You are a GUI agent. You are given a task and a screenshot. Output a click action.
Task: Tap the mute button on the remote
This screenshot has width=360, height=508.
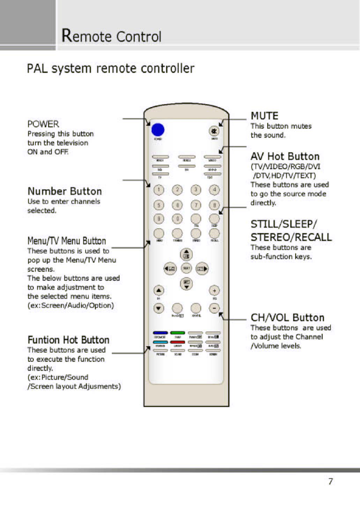213,131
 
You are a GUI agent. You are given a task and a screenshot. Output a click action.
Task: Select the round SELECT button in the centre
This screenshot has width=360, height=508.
186,269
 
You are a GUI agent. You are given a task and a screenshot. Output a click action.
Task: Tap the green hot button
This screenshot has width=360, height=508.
177,333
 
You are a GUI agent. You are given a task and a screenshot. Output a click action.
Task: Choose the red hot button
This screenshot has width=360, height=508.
177,342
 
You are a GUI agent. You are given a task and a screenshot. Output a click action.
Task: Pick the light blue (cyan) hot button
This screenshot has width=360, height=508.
160,342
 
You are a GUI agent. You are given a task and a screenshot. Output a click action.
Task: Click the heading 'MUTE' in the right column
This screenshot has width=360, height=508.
264,116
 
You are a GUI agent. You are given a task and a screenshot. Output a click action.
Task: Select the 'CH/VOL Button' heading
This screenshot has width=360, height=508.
287,318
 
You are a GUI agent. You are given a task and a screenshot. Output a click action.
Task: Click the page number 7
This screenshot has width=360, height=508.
330,481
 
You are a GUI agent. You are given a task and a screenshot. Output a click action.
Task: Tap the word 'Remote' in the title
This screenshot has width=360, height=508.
87,36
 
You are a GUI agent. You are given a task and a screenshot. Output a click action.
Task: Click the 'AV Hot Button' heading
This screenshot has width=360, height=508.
285,157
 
